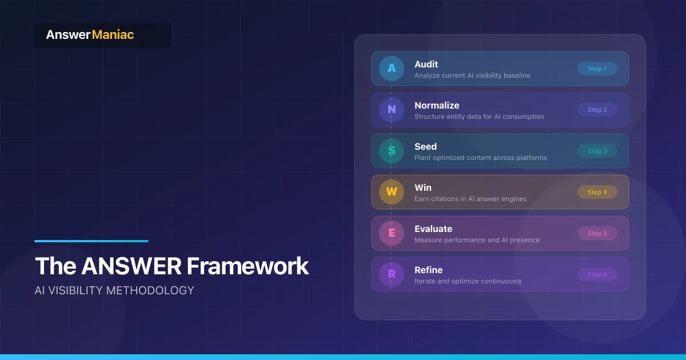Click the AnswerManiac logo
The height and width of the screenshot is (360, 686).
pos(90,35)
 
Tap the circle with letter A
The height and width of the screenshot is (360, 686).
pos(392,69)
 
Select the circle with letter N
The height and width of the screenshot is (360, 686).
pos(392,110)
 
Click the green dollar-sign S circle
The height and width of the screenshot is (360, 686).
pos(392,151)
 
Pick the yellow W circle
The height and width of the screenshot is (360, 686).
pos(392,192)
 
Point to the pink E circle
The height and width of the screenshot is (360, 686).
pos(392,233)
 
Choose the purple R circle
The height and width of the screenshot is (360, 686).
pos(392,274)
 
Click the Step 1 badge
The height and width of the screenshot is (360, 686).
pos(597,69)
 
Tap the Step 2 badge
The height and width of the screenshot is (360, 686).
pos(597,110)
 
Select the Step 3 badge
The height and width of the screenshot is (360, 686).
pos(597,151)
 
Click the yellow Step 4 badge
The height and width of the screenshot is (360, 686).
pos(597,192)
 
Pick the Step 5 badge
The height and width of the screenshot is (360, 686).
pos(597,233)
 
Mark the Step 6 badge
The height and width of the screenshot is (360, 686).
pos(597,274)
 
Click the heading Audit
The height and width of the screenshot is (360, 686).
pos(426,65)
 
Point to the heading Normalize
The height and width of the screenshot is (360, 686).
pos(437,106)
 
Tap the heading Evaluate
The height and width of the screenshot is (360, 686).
pos(433,229)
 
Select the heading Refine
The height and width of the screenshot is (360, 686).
pos(429,270)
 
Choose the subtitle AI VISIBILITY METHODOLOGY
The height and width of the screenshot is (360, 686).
pos(114,290)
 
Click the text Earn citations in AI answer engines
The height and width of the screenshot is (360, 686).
pos(470,199)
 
